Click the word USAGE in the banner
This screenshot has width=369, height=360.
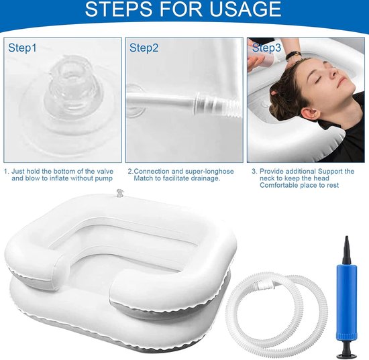pyautogui.click(x=245, y=9)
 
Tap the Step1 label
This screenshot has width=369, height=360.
pyautogui.click(x=22, y=48)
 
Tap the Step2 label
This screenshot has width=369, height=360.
pyautogui.click(x=144, y=48)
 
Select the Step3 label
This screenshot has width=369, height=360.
pyautogui.click(x=266, y=48)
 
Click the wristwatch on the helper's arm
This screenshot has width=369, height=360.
pyautogui.click(x=293, y=56)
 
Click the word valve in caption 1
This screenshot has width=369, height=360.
pyautogui.click(x=105, y=171)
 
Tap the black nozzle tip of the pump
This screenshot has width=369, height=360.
pyautogui.click(x=347, y=250)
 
